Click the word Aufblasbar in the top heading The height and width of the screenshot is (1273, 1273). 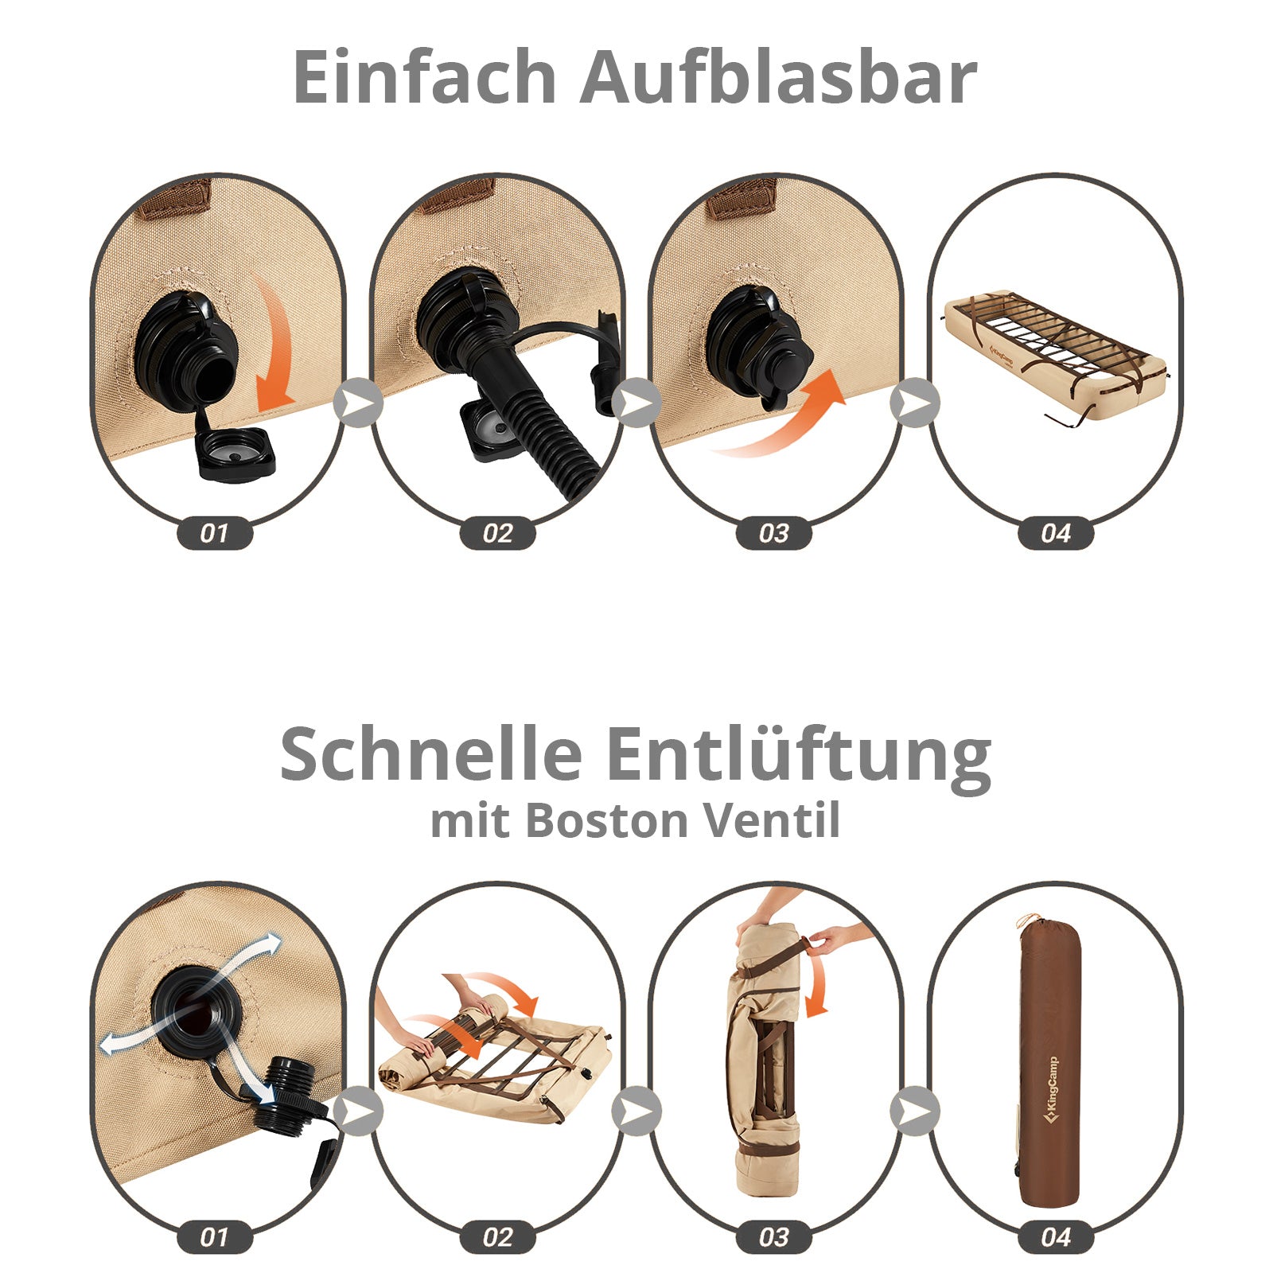pos(778,76)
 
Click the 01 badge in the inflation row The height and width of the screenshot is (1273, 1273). pos(214,532)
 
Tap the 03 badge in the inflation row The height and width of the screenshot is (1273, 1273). pos(773,532)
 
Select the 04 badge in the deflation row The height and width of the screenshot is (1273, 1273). pos(1056,1237)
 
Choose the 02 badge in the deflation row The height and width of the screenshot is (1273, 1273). pos(497,1237)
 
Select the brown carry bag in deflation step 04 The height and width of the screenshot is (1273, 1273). pos(1049,1066)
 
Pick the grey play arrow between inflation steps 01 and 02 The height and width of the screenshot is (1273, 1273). pos(358,403)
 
